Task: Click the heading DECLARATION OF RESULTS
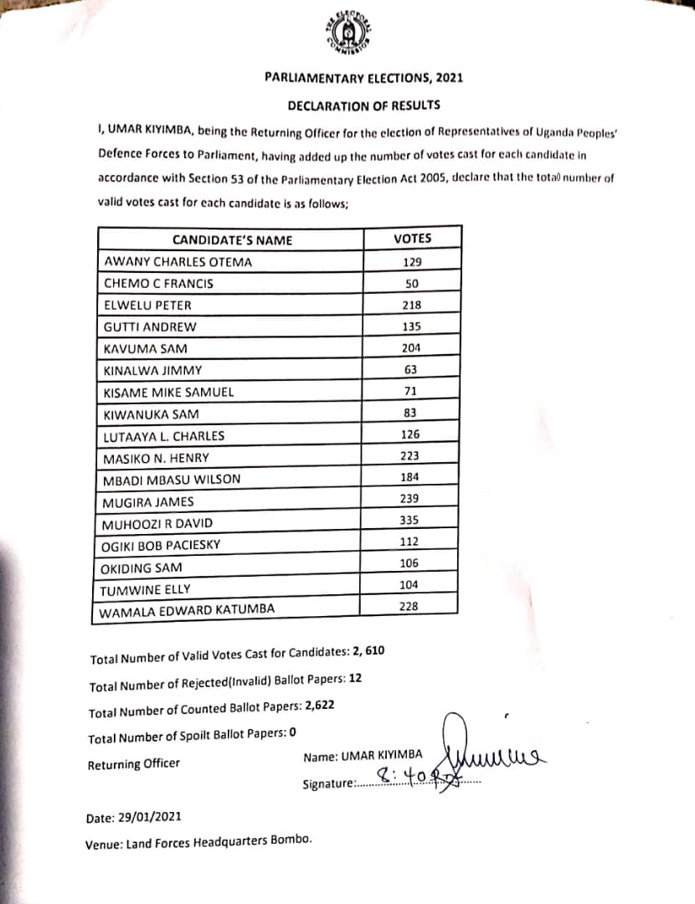363,105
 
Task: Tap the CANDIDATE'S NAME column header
232,240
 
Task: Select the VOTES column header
412,239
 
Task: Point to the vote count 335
409,520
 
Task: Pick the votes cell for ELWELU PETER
411,305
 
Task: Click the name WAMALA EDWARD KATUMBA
187,611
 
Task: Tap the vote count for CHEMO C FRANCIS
411,283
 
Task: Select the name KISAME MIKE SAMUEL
167,392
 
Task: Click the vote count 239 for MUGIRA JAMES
409,498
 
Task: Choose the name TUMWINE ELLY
144,589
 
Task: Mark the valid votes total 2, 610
367,651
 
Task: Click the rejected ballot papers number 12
355,678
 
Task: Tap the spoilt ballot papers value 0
293,732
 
